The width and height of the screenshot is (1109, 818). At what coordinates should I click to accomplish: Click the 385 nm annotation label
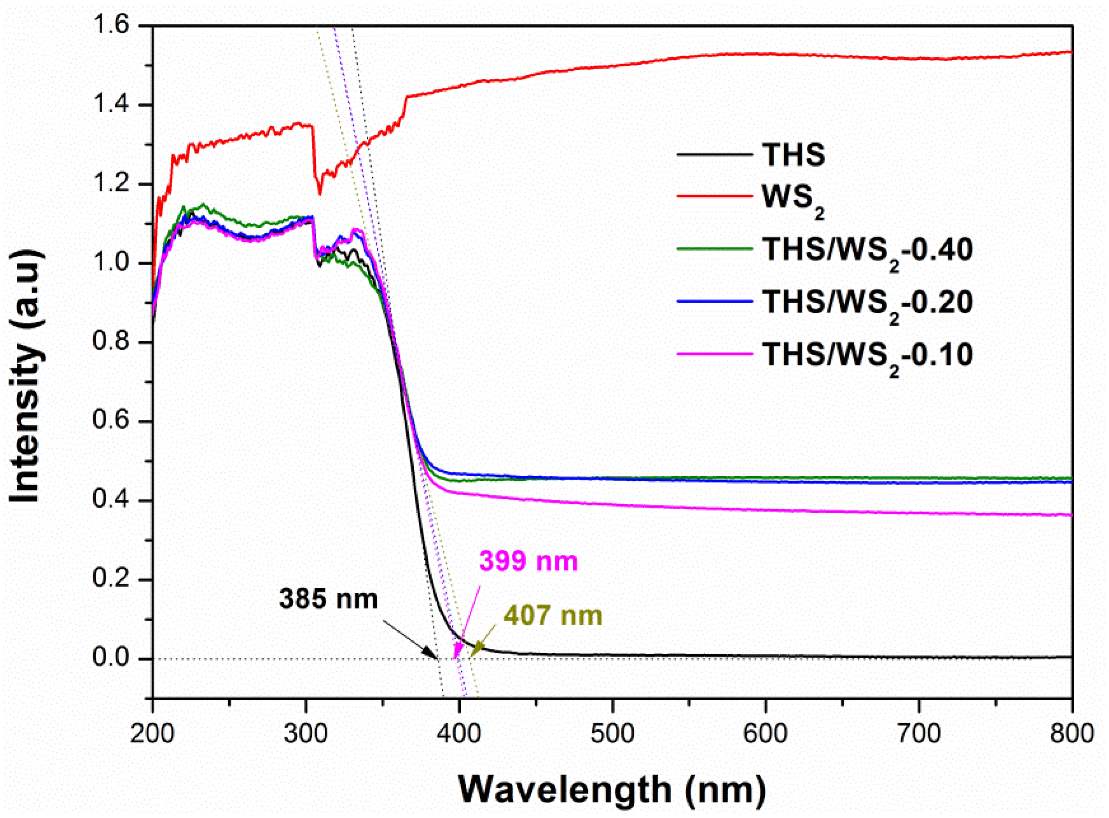click(x=328, y=599)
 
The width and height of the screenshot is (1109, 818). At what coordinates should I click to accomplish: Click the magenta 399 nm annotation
click(x=528, y=561)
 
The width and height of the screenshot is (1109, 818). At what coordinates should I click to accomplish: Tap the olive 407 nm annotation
click(x=553, y=615)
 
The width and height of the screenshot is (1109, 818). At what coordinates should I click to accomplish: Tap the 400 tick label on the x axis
click(x=459, y=734)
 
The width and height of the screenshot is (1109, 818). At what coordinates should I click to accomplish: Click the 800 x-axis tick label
click(x=1071, y=734)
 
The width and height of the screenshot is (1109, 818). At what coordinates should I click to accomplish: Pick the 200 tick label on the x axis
click(x=153, y=734)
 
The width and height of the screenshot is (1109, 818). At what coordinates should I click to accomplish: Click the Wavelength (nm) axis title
click(x=612, y=789)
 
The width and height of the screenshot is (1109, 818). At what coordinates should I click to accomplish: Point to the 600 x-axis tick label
click(x=765, y=734)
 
